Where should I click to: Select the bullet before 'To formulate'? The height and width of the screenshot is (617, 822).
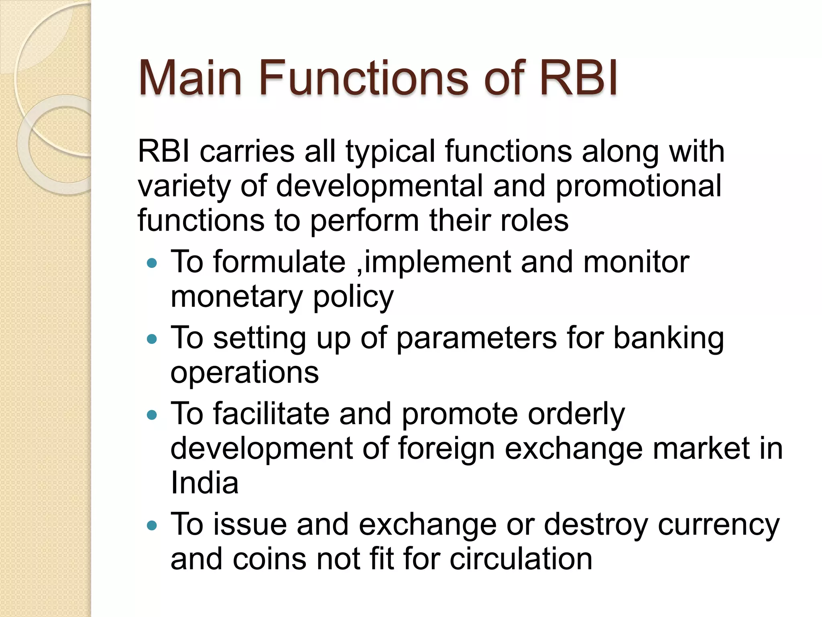(x=152, y=264)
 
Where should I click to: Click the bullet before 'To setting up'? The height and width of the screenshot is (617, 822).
(x=152, y=339)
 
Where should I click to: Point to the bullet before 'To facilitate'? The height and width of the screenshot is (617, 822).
(x=152, y=415)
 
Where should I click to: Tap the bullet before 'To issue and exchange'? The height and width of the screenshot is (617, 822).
(x=152, y=525)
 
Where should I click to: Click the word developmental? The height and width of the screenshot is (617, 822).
(x=379, y=186)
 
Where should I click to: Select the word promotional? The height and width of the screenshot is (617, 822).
(x=638, y=186)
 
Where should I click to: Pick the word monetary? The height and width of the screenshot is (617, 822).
(x=236, y=297)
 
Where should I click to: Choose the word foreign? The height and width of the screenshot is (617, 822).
(x=446, y=449)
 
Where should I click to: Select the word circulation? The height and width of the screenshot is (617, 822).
(x=521, y=559)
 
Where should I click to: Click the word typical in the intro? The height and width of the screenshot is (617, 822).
(x=390, y=152)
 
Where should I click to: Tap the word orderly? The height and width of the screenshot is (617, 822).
(x=576, y=415)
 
